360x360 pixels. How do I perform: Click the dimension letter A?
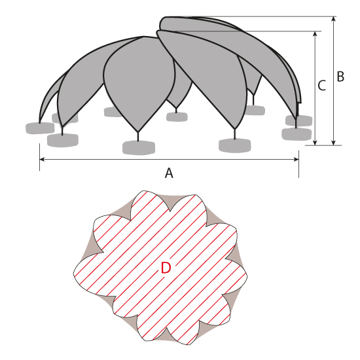pyautogui.click(x=169, y=173)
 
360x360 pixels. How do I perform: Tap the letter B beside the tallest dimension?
pyautogui.click(x=340, y=77)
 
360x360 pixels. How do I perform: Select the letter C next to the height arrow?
pyautogui.click(x=322, y=85)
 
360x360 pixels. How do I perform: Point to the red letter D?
pyautogui.click(x=166, y=268)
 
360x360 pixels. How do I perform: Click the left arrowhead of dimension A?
pyautogui.click(x=43, y=159)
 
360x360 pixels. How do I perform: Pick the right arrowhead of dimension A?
pyautogui.click(x=296, y=159)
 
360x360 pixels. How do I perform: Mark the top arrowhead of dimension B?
pyautogui.click(x=334, y=19)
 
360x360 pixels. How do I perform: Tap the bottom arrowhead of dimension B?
pyautogui.click(x=334, y=143)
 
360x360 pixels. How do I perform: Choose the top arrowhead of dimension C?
pyautogui.click(x=315, y=34)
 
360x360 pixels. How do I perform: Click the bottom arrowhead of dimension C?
pyautogui.click(x=315, y=143)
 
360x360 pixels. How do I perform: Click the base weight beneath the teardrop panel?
pyautogui.click(x=139, y=147)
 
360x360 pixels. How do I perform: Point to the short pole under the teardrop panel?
pyautogui.click(x=137, y=136)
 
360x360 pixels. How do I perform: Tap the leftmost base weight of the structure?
pyautogui.click(x=40, y=128)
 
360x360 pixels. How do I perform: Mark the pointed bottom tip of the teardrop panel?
pyautogui.click(x=137, y=132)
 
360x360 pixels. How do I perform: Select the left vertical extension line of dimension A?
pyautogui.click(x=40, y=157)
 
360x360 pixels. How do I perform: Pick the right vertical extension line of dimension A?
pyautogui.click(x=298, y=164)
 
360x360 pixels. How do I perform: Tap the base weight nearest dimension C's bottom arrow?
pyautogui.click(x=297, y=134)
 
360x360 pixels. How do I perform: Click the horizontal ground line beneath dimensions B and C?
pyautogui.click(x=323, y=145)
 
